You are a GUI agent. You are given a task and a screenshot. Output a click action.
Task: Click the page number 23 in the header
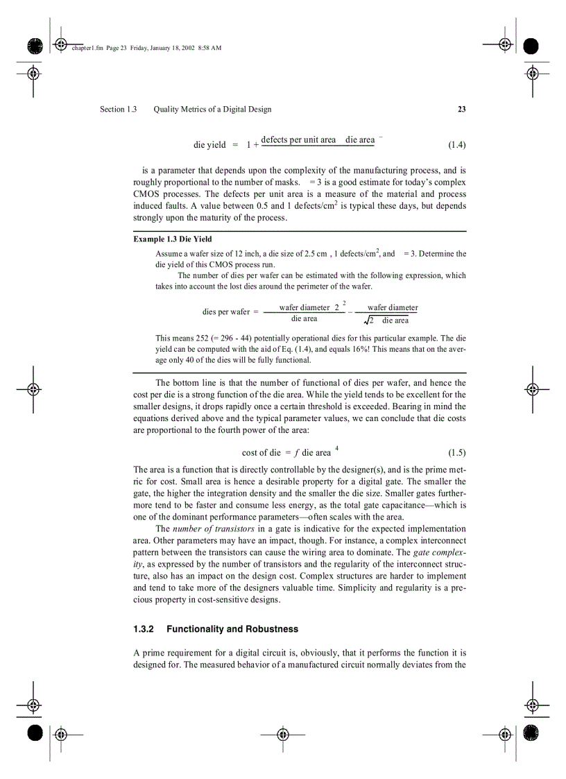(461, 109)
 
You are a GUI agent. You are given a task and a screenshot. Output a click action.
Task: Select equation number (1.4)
(456, 145)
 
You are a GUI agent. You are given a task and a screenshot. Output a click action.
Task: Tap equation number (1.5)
(456, 453)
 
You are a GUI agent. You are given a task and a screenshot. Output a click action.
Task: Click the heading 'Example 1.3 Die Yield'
(173, 239)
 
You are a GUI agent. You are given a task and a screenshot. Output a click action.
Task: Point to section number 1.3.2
(143, 629)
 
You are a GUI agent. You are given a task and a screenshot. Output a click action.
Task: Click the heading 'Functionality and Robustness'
(232, 629)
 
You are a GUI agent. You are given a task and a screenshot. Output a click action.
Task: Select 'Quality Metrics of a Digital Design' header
(212, 109)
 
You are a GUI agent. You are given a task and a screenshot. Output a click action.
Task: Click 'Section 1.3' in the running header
(118, 109)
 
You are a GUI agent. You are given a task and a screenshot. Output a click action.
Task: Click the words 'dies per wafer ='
(230, 312)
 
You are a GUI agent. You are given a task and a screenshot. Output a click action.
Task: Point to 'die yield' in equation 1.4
(209, 145)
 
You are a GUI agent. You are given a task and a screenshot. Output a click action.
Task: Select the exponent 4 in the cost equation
(337, 448)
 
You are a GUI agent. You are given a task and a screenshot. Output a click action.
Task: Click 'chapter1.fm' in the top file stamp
(87, 48)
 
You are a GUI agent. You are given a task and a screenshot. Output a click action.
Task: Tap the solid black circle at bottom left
(35, 733)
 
